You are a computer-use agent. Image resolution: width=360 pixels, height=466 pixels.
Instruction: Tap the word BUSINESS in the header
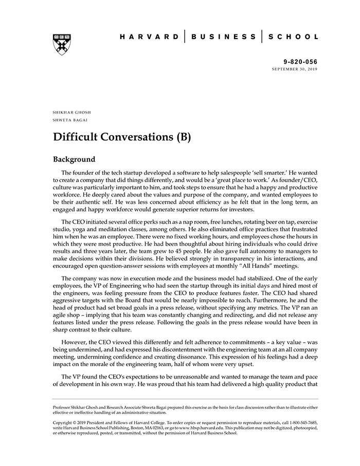224,37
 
